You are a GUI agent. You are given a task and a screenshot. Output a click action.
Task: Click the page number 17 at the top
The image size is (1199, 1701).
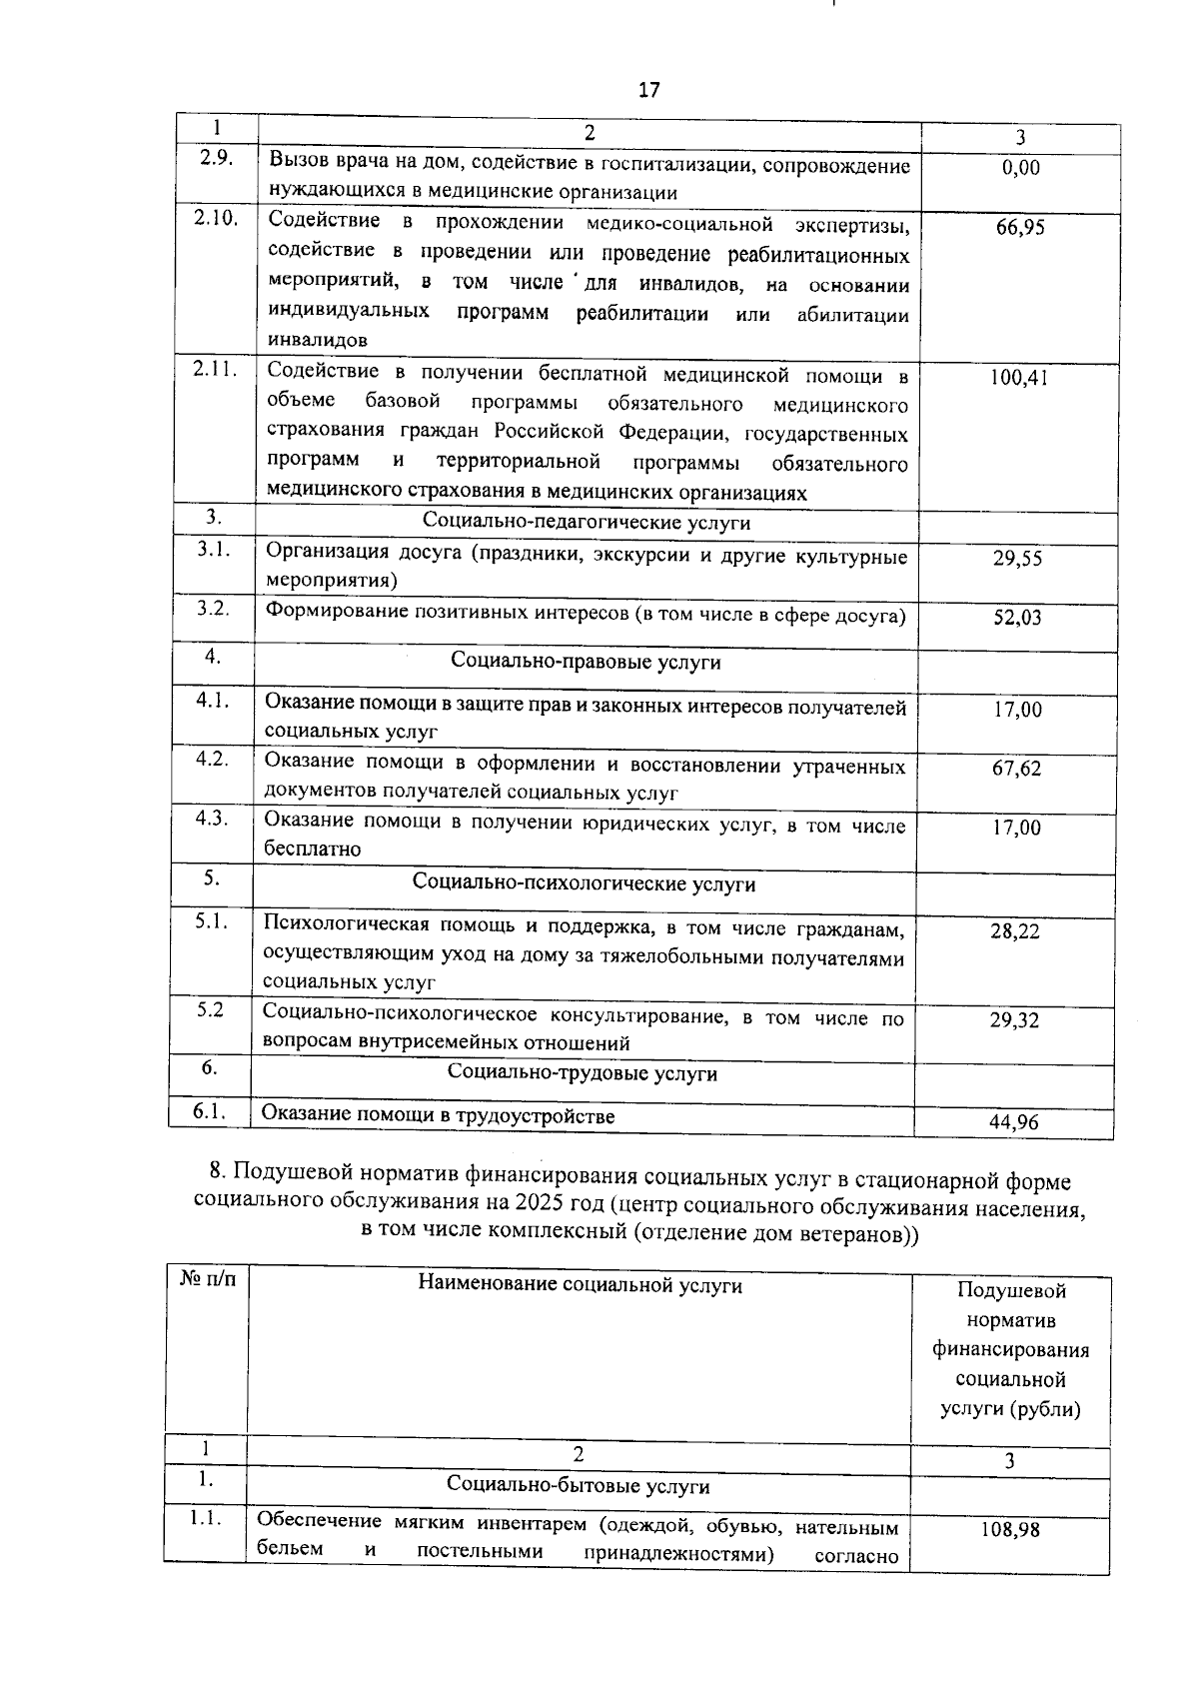[x=648, y=90]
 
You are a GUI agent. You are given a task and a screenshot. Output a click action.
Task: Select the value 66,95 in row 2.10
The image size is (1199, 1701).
[x=1020, y=228]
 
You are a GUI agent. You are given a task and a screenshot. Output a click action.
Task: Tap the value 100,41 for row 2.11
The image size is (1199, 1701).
[x=1019, y=378]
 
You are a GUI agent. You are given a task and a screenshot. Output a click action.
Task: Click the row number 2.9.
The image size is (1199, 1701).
[x=216, y=157]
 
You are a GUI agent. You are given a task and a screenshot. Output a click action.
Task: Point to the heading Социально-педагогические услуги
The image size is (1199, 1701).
[x=586, y=523]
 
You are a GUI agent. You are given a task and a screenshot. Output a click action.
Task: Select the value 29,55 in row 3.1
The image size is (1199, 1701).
[x=1017, y=559]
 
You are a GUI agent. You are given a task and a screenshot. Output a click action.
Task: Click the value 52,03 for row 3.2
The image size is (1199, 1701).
[x=1017, y=618]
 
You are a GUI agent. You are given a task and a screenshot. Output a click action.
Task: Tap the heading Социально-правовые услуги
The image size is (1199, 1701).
[x=586, y=662]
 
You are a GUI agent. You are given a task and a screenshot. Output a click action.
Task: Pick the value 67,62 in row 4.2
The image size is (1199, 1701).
[x=1016, y=769]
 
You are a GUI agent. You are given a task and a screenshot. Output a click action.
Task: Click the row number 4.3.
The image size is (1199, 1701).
[x=212, y=819]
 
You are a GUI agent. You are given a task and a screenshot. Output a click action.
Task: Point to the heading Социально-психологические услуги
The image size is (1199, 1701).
[x=584, y=884]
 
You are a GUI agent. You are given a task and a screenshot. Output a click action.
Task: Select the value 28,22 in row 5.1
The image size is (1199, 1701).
[x=1015, y=931]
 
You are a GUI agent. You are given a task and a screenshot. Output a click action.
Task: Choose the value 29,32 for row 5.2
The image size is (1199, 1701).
[x=1014, y=1020]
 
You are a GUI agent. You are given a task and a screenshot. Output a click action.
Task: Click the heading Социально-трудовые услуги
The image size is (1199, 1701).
[x=583, y=1074]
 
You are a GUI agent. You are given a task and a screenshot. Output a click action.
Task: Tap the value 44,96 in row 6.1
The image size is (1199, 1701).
[x=1014, y=1122]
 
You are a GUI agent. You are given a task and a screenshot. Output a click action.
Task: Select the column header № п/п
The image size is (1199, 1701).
[x=207, y=1279]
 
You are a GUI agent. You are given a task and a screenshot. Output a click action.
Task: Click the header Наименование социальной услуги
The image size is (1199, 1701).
[x=580, y=1286]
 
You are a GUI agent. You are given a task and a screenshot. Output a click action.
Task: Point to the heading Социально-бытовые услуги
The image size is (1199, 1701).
[x=579, y=1486]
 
